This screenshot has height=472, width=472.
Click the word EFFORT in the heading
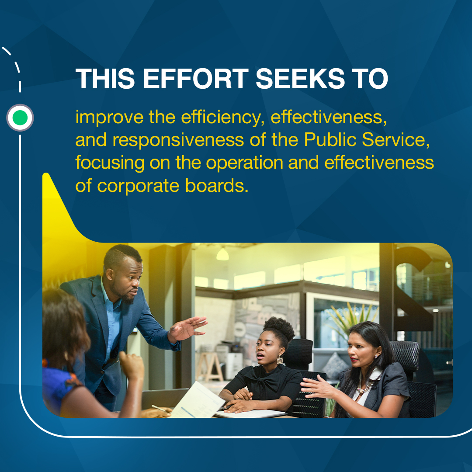(196, 79)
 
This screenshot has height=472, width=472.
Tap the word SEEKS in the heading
(300, 79)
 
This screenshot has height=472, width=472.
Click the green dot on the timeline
(20, 118)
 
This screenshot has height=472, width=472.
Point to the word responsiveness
(178, 140)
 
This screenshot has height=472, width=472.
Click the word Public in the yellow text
(330, 139)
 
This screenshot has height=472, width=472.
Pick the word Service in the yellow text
(396, 139)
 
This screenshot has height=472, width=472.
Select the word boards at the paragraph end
(217, 185)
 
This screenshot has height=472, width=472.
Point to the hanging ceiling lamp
(222, 254)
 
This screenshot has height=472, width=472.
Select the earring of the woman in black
(280, 359)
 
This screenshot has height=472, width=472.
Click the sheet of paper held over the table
(197, 400)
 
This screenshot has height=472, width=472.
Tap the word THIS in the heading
(105, 79)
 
